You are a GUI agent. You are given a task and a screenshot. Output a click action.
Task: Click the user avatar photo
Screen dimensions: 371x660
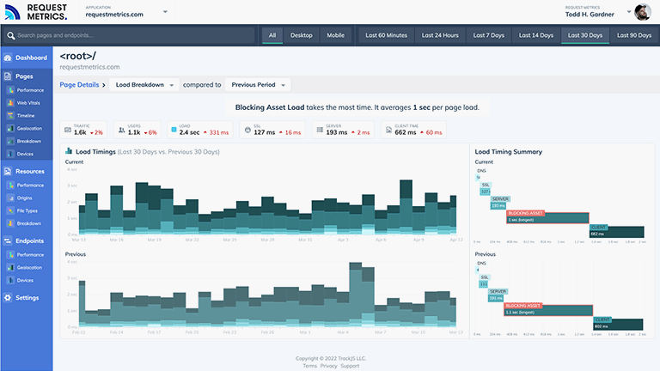(643, 12)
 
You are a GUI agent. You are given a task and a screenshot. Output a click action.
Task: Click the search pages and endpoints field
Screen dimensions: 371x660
(129, 35)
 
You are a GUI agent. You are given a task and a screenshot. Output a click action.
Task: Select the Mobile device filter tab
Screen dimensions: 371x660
(335, 35)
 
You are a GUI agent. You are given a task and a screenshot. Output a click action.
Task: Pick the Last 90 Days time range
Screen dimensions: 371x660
(633, 35)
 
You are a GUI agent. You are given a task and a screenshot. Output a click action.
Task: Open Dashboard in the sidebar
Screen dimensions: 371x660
(31, 58)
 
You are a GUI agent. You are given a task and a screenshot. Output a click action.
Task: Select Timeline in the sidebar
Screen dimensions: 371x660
(27, 115)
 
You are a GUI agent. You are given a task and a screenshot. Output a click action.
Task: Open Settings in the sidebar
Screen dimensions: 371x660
(27, 298)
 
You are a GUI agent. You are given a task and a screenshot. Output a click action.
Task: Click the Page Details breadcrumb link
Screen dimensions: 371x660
(79, 85)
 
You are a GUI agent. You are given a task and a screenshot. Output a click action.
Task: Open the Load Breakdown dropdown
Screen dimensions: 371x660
(145, 85)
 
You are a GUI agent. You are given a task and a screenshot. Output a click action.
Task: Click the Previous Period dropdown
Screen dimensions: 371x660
(260, 85)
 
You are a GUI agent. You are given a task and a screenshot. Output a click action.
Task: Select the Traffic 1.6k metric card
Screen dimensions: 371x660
(83, 130)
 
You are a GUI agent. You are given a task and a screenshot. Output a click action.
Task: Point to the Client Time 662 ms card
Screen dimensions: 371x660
(413, 130)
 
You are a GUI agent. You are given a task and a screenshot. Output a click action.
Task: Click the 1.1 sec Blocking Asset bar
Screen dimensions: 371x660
(549, 310)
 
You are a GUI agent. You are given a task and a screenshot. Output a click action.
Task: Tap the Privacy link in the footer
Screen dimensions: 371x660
(329, 366)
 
